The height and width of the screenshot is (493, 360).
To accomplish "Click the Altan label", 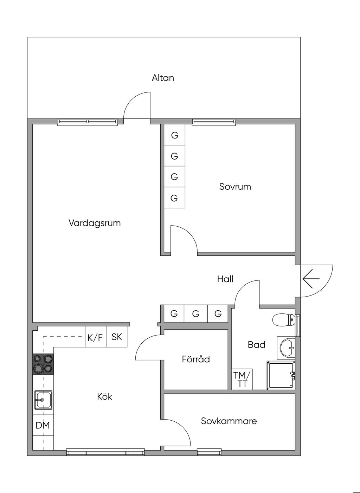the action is pyautogui.click(x=163, y=78).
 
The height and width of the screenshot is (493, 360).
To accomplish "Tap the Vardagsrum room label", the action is pyautogui.click(x=95, y=223).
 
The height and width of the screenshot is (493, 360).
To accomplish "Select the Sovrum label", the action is pyautogui.click(x=235, y=186).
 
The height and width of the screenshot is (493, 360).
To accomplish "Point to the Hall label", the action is pyautogui.click(x=225, y=279).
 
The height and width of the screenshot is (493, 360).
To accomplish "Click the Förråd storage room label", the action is pyautogui.click(x=196, y=359).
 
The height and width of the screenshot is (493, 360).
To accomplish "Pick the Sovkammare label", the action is pyautogui.click(x=229, y=421).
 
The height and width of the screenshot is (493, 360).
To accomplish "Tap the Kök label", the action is pyautogui.click(x=104, y=397).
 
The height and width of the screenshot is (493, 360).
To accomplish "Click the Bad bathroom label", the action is pyautogui.click(x=256, y=345).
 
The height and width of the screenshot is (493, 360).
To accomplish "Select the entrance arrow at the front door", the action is pyautogui.click(x=311, y=279).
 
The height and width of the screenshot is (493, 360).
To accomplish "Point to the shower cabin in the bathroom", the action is pyautogui.click(x=281, y=375).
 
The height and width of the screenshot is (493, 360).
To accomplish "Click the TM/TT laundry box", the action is pyautogui.click(x=242, y=379).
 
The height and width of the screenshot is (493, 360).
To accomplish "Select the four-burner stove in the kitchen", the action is pyautogui.click(x=43, y=363).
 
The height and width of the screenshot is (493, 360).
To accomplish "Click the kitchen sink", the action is pyautogui.click(x=43, y=400).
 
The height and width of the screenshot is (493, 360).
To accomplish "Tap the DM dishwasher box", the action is pyautogui.click(x=43, y=425).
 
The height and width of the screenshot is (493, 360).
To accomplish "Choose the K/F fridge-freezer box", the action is pyautogui.click(x=95, y=338).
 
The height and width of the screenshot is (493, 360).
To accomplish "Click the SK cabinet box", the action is pyautogui.click(x=116, y=337).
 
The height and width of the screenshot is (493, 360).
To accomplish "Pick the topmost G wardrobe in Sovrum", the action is pyautogui.click(x=174, y=135).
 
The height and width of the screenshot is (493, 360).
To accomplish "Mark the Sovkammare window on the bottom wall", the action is pyautogui.click(x=209, y=452).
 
